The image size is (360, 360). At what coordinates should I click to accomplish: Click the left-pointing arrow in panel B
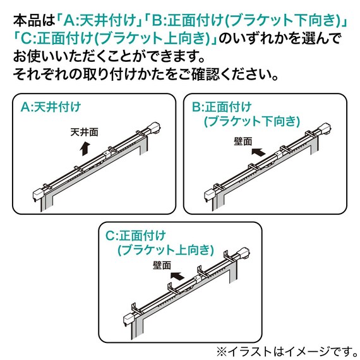coord(258,152)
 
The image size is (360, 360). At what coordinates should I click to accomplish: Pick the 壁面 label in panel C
coord(162,266)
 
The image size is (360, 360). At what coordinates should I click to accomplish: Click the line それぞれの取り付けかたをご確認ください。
coord(146,75)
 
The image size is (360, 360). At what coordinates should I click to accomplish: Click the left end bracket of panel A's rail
coord(40,191)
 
